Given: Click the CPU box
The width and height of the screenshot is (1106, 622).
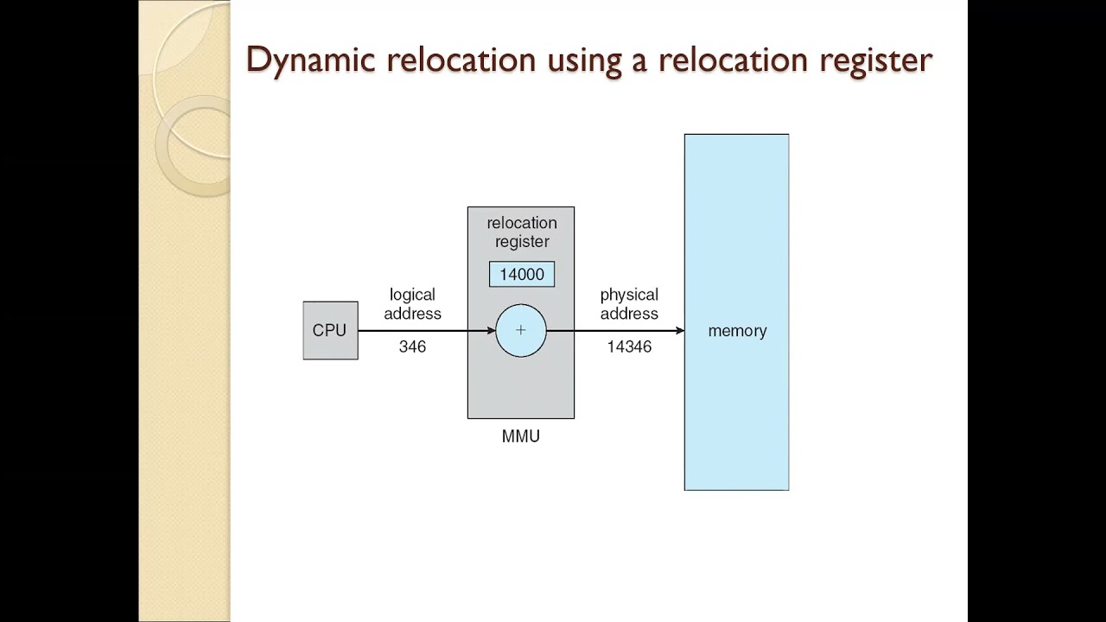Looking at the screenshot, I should [330, 330].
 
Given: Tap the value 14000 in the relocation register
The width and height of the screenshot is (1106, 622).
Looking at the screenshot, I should [522, 275].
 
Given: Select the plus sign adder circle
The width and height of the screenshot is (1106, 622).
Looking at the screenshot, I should [521, 330].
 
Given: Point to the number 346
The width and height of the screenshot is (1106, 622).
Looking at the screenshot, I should [412, 346].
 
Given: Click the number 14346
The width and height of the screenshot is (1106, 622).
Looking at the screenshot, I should [629, 346].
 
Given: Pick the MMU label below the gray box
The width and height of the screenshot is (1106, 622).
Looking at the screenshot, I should [520, 436].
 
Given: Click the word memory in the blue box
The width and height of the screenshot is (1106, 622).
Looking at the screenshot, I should [737, 331].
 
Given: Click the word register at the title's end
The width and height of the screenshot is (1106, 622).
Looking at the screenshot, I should [874, 60].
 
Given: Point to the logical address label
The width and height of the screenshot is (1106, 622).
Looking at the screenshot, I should [412, 304].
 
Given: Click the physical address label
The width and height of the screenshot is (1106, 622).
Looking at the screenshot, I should [629, 304].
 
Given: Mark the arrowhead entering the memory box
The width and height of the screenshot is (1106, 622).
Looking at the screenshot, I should [680, 330].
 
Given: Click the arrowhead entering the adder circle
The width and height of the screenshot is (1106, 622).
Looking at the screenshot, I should [492, 330].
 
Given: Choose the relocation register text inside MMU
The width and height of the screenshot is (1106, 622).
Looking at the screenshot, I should [521, 232].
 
